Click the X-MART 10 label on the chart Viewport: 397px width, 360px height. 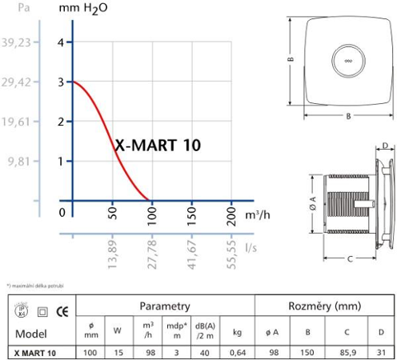point(158,145)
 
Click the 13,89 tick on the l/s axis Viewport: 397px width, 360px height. point(112,251)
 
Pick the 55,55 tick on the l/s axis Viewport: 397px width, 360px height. point(230,251)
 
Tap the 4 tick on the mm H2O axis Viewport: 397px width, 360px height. point(61,42)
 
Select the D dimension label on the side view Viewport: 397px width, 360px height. point(384,146)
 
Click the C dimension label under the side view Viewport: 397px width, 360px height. point(349,258)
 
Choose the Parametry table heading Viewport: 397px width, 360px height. point(164,306)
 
